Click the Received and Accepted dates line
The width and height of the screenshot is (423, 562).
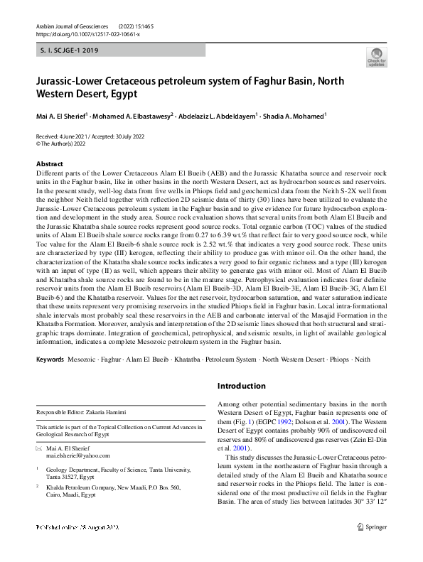tap(87, 135)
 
